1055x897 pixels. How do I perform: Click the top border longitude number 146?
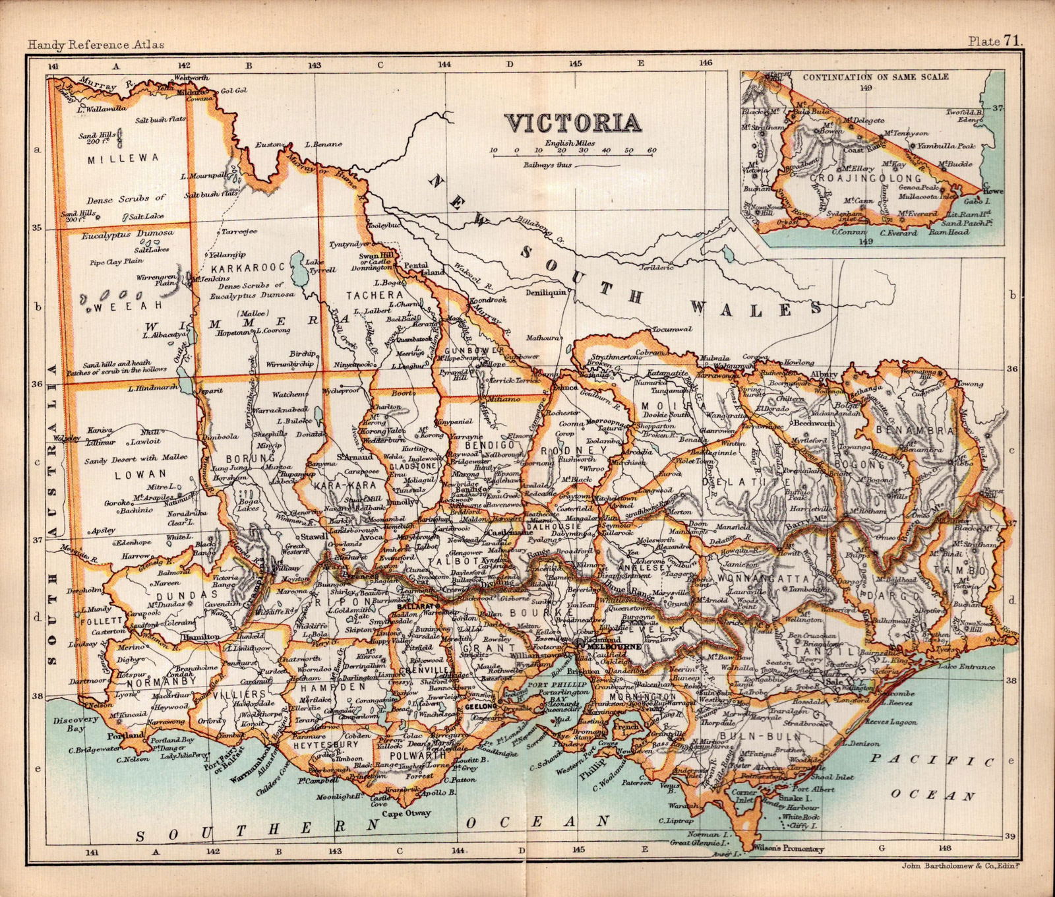pos(706,63)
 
